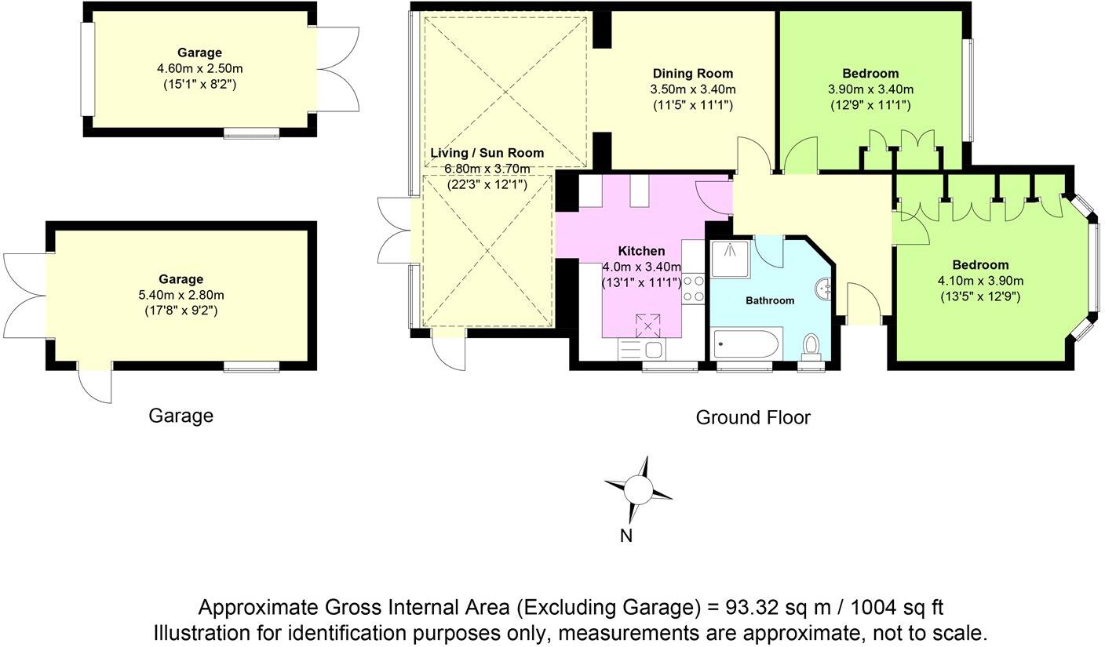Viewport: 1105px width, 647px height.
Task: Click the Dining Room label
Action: (693, 74)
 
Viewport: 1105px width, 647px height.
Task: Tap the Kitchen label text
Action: (641, 251)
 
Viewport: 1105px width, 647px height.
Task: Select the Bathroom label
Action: (770, 300)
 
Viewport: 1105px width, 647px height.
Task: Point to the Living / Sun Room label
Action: (487, 153)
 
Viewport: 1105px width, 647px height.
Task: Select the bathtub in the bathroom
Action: (746, 344)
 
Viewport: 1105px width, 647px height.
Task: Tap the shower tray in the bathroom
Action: (730, 259)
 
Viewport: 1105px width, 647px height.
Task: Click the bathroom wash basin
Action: (825, 289)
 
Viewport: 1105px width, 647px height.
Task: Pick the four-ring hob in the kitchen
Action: (693, 289)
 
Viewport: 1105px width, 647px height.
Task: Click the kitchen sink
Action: (641, 350)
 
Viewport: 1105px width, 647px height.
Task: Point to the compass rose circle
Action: (638, 489)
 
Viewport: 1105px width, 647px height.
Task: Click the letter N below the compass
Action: (626, 536)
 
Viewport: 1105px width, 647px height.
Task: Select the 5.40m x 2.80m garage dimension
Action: (181, 295)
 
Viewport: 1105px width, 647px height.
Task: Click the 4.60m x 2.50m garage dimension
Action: (200, 68)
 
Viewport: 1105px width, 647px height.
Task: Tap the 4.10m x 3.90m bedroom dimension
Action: (980, 281)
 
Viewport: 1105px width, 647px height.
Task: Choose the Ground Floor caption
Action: (753, 418)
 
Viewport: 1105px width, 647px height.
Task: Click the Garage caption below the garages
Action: (181, 416)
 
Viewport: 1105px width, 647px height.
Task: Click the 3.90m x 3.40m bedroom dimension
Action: (870, 89)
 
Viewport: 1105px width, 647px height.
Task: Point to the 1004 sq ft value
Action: (897, 607)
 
